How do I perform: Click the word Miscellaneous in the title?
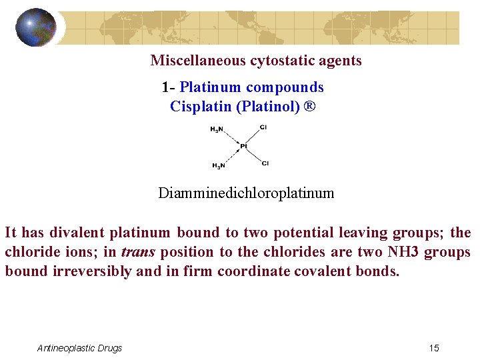pos(198,61)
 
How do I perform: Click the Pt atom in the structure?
pos(243,146)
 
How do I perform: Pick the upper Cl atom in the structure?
pos(264,127)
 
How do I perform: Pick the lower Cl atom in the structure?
pos(265,163)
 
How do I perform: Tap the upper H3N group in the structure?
pos(217,129)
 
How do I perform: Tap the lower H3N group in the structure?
pos(218,165)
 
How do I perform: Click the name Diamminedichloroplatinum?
pos(246,193)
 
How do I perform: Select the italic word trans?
pos(139,253)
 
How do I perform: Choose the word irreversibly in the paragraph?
pos(92,272)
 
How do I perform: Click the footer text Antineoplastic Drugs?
pos(79,348)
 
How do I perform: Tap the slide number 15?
pos(434,348)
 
